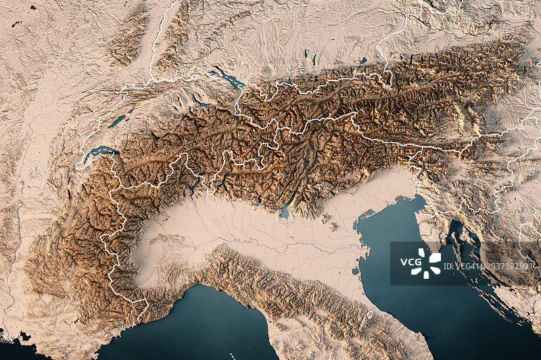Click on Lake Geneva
coord(98,154)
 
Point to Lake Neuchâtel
coord(118,121)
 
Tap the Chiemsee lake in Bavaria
coord(363,61)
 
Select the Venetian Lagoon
coord(366,220)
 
